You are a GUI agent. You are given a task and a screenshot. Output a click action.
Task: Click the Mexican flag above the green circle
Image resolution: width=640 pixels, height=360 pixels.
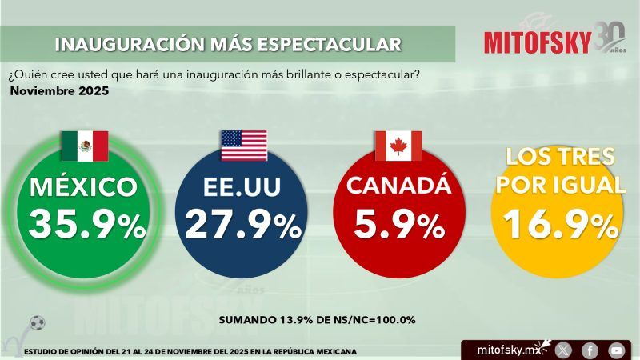click(84, 146)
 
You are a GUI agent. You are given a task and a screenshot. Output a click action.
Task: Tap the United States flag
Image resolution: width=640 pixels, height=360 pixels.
click(244, 146)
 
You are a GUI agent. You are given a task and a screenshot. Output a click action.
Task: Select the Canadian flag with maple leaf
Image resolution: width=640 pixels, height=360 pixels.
click(398, 146)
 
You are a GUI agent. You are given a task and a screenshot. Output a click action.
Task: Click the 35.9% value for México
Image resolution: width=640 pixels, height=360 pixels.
click(87, 226)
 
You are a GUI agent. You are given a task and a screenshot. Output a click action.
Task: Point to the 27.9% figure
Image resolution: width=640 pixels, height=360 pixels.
click(242, 226)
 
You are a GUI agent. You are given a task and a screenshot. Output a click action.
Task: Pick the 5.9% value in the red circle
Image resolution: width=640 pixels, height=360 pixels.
click(398, 226)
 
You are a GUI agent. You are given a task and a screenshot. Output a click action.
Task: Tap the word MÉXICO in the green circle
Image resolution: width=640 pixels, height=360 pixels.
click(83, 188)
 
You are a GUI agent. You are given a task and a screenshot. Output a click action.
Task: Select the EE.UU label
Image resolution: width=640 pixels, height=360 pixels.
click(242, 188)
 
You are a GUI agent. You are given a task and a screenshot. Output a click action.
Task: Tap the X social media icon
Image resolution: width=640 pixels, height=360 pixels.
click(563, 350)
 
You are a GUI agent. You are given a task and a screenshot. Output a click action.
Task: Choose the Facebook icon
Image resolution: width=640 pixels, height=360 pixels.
click(590, 350)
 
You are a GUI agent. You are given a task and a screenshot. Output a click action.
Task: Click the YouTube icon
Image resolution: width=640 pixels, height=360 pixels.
click(616, 350)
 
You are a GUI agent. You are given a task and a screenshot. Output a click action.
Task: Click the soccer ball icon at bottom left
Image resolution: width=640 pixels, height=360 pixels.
click(37, 323)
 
